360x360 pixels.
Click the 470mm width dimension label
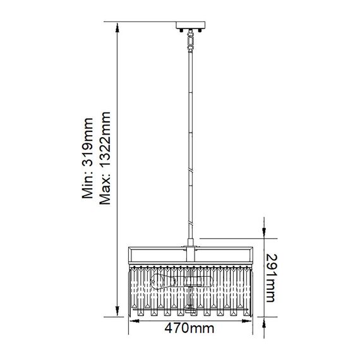[189, 328]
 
